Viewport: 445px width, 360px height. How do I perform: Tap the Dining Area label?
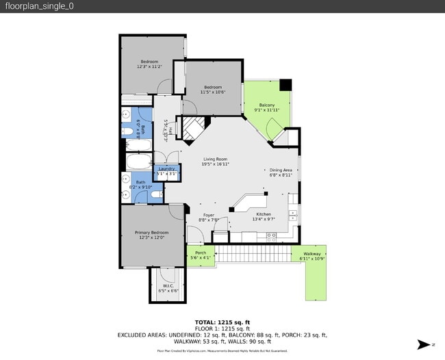280,172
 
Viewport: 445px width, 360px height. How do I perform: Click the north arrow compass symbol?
424,344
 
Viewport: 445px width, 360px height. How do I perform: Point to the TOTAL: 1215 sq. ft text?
222,322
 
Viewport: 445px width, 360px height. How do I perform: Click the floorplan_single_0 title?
40,6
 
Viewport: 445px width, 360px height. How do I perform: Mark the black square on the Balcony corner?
285,85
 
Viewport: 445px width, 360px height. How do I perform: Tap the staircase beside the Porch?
253,255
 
